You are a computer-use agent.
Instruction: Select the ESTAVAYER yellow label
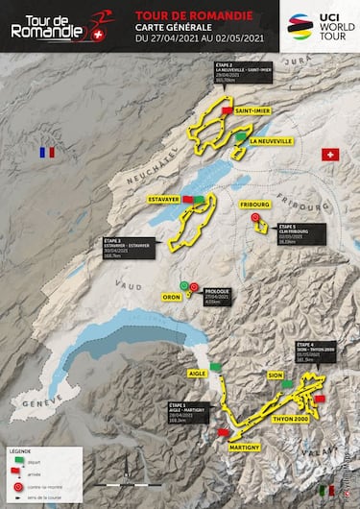(x=163, y=200)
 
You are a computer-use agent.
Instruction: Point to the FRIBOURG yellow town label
(x=256, y=205)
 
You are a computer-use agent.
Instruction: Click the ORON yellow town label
(x=173, y=297)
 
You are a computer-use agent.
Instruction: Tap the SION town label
(x=275, y=376)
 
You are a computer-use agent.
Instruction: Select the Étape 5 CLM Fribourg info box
(x=297, y=235)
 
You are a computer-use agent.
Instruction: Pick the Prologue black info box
(x=223, y=297)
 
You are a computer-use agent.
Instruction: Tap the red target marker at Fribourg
(x=256, y=218)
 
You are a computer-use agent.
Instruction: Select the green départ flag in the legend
(x=16, y=460)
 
